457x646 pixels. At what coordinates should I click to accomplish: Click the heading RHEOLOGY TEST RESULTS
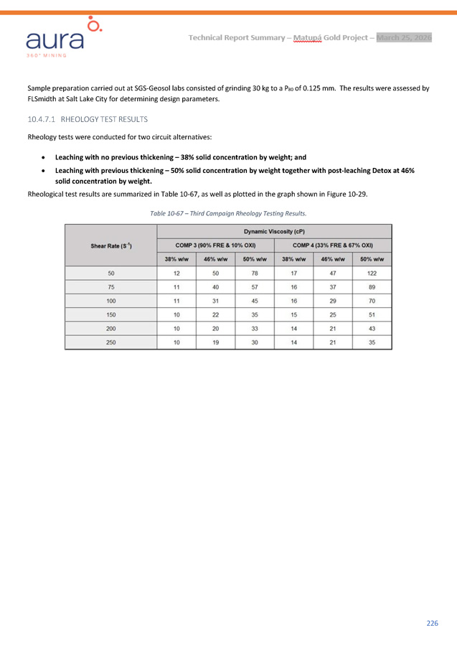coord(104,119)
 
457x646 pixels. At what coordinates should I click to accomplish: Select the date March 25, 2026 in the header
coord(404,37)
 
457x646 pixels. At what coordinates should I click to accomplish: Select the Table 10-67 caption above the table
coord(228,213)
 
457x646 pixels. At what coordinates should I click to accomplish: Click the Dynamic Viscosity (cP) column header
coord(274,232)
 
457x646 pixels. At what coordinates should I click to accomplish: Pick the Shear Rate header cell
coord(110,245)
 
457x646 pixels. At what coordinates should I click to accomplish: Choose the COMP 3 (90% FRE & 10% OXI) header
coord(215,245)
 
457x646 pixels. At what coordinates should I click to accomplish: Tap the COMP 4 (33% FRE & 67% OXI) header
coord(332,245)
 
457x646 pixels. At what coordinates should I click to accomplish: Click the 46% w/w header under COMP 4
coord(333,259)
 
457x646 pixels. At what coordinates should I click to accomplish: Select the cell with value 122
coord(372,273)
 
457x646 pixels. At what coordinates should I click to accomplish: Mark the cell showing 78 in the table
coord(255,273)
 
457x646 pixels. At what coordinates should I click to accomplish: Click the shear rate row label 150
coord(111,314)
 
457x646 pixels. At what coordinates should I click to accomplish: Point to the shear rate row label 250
coord(111,342)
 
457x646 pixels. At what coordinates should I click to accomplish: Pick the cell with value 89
coord(372,287)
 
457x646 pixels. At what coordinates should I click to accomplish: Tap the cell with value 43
coord(372,328)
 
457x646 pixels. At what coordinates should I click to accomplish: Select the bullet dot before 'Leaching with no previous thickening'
coord(45,156)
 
